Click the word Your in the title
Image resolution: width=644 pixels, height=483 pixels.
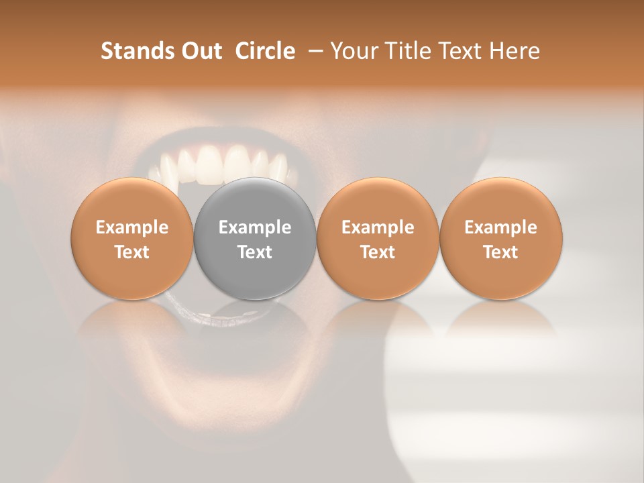click(x=353, y=51)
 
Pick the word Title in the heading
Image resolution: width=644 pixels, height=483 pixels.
click(x=405, y=51)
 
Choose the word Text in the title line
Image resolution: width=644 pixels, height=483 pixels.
click(x=460, y=51)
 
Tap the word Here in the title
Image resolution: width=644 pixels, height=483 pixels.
click(x=514, y=51)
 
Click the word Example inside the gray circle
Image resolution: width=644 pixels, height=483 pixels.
click(x=255, y=227)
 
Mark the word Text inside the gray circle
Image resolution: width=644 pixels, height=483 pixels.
click(x=255, y=252)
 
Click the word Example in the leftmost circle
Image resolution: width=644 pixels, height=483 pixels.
click(x=132, y=227)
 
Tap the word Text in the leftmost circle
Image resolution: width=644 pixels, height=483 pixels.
click(x=132, y=252)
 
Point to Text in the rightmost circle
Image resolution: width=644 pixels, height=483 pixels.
click(x=501, y=252)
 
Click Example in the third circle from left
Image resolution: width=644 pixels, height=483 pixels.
click(x=378, y=227)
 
